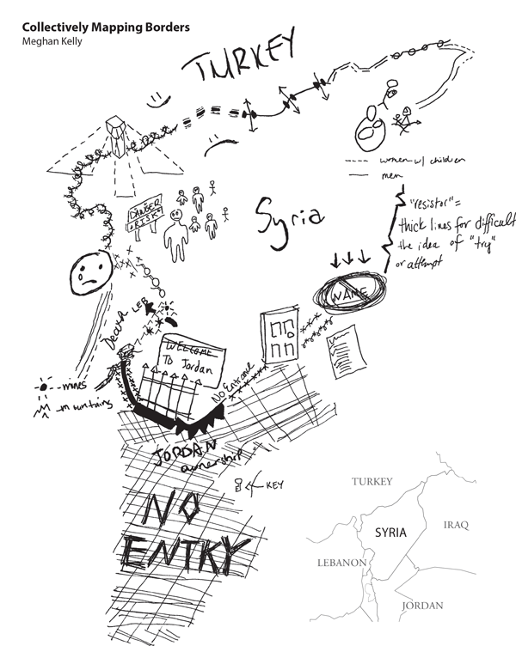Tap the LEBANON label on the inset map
click(x=340, y=564)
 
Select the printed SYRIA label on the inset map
click(x=392, y=533)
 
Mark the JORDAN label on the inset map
click(x=422, y=606)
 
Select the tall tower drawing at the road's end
click(x=114, y=137)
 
